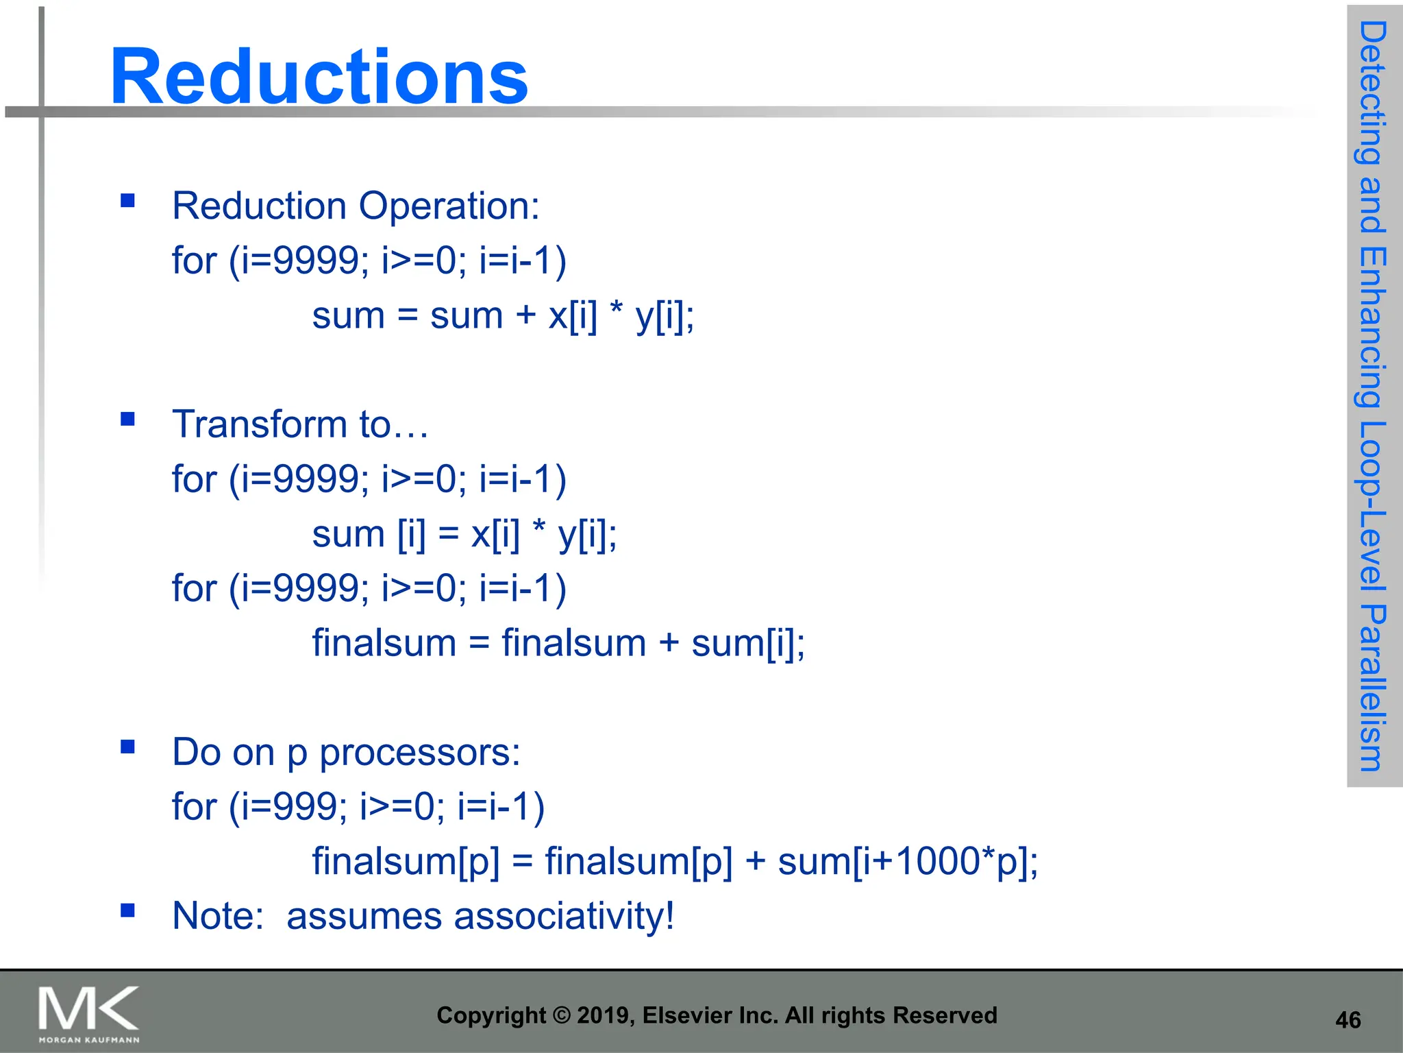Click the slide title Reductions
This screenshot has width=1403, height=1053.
click(x=319, y=77)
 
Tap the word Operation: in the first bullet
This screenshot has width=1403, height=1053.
click(x=449, y=206)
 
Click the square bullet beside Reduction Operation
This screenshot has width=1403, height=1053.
click(x=127, y=200)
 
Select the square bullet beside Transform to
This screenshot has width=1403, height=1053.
click(x=127, y=419)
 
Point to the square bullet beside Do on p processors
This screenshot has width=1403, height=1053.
click(x=127, y=747)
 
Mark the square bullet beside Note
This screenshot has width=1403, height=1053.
click(x=127, y=910)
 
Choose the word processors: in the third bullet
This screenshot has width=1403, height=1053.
click(x=420, y=753)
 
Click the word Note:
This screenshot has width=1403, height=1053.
click(x=218, y=917)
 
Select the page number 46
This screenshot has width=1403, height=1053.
click(x=1348, y=1020)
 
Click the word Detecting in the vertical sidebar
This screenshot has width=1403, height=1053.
click(x=1372, y=93)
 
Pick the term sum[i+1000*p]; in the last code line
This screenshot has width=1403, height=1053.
click(x=908, y=862)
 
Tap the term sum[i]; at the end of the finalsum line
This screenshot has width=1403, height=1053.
click(x=748, y=644)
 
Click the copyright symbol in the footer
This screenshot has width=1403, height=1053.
click(x=562, y=1015)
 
